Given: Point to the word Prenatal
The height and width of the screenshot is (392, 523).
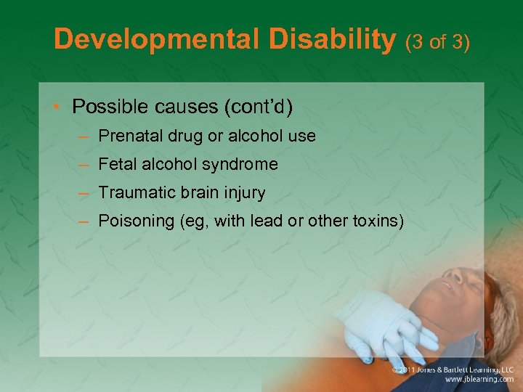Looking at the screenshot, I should pos(127,136).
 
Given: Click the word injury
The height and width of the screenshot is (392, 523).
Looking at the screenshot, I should pos(246,193).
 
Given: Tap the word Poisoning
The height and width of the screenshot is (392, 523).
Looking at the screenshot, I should pos(135,221).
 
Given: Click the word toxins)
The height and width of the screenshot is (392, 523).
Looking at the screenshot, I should pos(376,221).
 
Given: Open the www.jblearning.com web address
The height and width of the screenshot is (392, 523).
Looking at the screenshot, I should pos(479,379).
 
